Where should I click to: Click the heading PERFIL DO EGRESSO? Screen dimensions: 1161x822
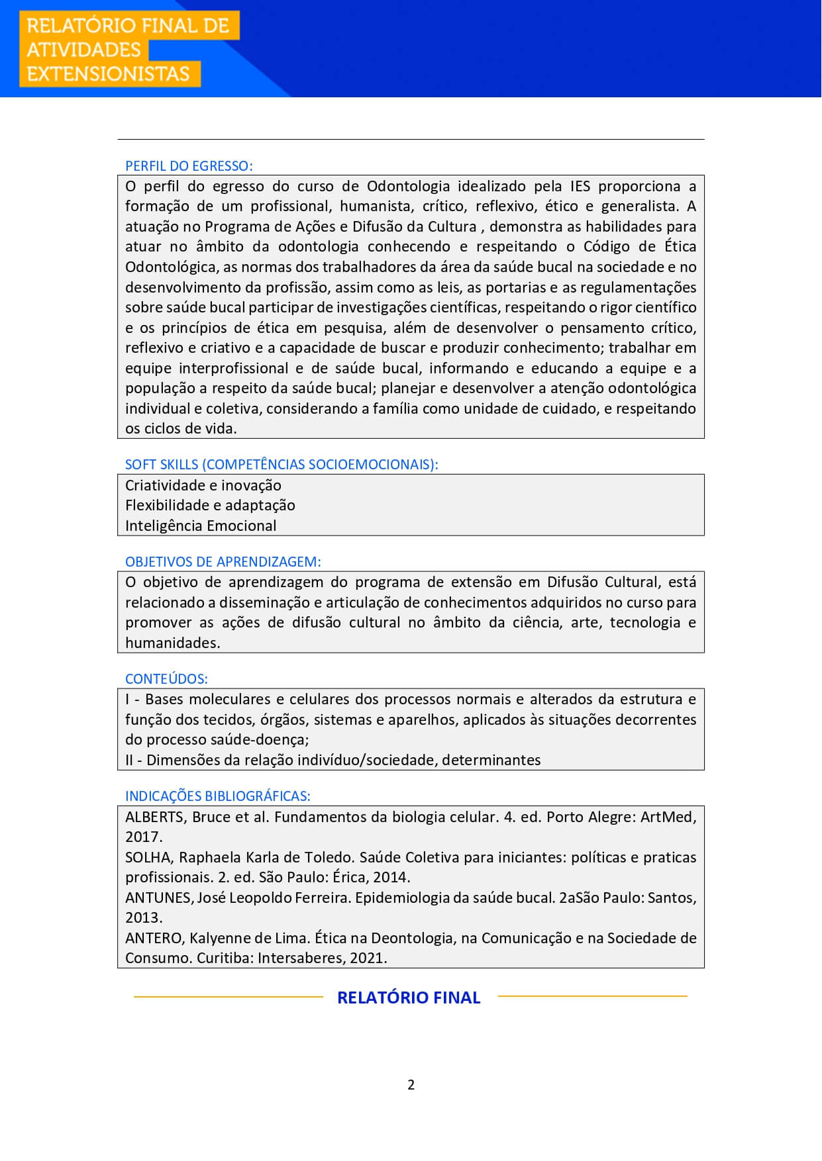click(x=189, y=166)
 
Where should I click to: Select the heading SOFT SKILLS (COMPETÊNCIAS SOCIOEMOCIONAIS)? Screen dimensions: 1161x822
click(x=282, y=465)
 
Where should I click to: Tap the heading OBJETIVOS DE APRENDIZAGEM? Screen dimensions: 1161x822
click(x=223, y=562)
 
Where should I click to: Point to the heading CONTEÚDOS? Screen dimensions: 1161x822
click(x=166, y=679)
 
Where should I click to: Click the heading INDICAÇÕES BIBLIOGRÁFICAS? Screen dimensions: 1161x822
click(x=217, y=796)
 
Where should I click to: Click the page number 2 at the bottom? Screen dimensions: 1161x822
click(x=411, y=1085)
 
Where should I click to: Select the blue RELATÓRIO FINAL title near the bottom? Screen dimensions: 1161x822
click(x=409, y=998)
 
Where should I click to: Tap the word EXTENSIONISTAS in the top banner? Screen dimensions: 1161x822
click(x=108, y=73)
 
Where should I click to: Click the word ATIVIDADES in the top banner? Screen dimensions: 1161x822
click(x=83, y=50)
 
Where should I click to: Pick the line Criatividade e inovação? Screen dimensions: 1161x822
click(x=203, y=485)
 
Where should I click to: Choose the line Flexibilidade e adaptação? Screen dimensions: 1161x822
click(x=210, y=505)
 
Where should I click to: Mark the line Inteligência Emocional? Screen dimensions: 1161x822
click(x=201, y=526)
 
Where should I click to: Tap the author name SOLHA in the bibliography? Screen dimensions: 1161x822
click(x=148, y=857)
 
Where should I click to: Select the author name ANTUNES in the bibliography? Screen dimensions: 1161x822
click(x=158, y=898)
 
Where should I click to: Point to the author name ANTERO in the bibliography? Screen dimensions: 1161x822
click(x=154, y=938)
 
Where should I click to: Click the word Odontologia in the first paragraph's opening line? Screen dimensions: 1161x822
click(x=408, y=186)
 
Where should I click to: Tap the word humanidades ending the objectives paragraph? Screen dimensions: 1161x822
click(x=172, y=643)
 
